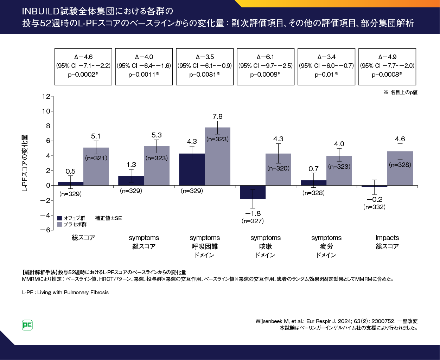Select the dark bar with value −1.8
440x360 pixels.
tap(253, 192)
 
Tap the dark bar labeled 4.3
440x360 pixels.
tap(192, 169)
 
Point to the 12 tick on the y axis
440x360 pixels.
tap(46, 96)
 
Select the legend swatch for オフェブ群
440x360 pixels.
tap(60, 218)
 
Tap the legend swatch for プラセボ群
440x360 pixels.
tap(60, 224)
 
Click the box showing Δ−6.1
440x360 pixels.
tap(266, 66)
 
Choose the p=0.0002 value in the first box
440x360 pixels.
tap(83, 75)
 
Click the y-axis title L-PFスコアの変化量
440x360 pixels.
tap(25, 163)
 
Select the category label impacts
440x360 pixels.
tap(387, 238)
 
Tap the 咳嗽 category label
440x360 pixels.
tap(266, 246)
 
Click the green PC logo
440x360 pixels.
tap(27, 325)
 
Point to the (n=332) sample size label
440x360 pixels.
tap(374, 207)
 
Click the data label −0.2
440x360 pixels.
tap(375, 199)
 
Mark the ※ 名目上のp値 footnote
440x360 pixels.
tap(401, 92)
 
